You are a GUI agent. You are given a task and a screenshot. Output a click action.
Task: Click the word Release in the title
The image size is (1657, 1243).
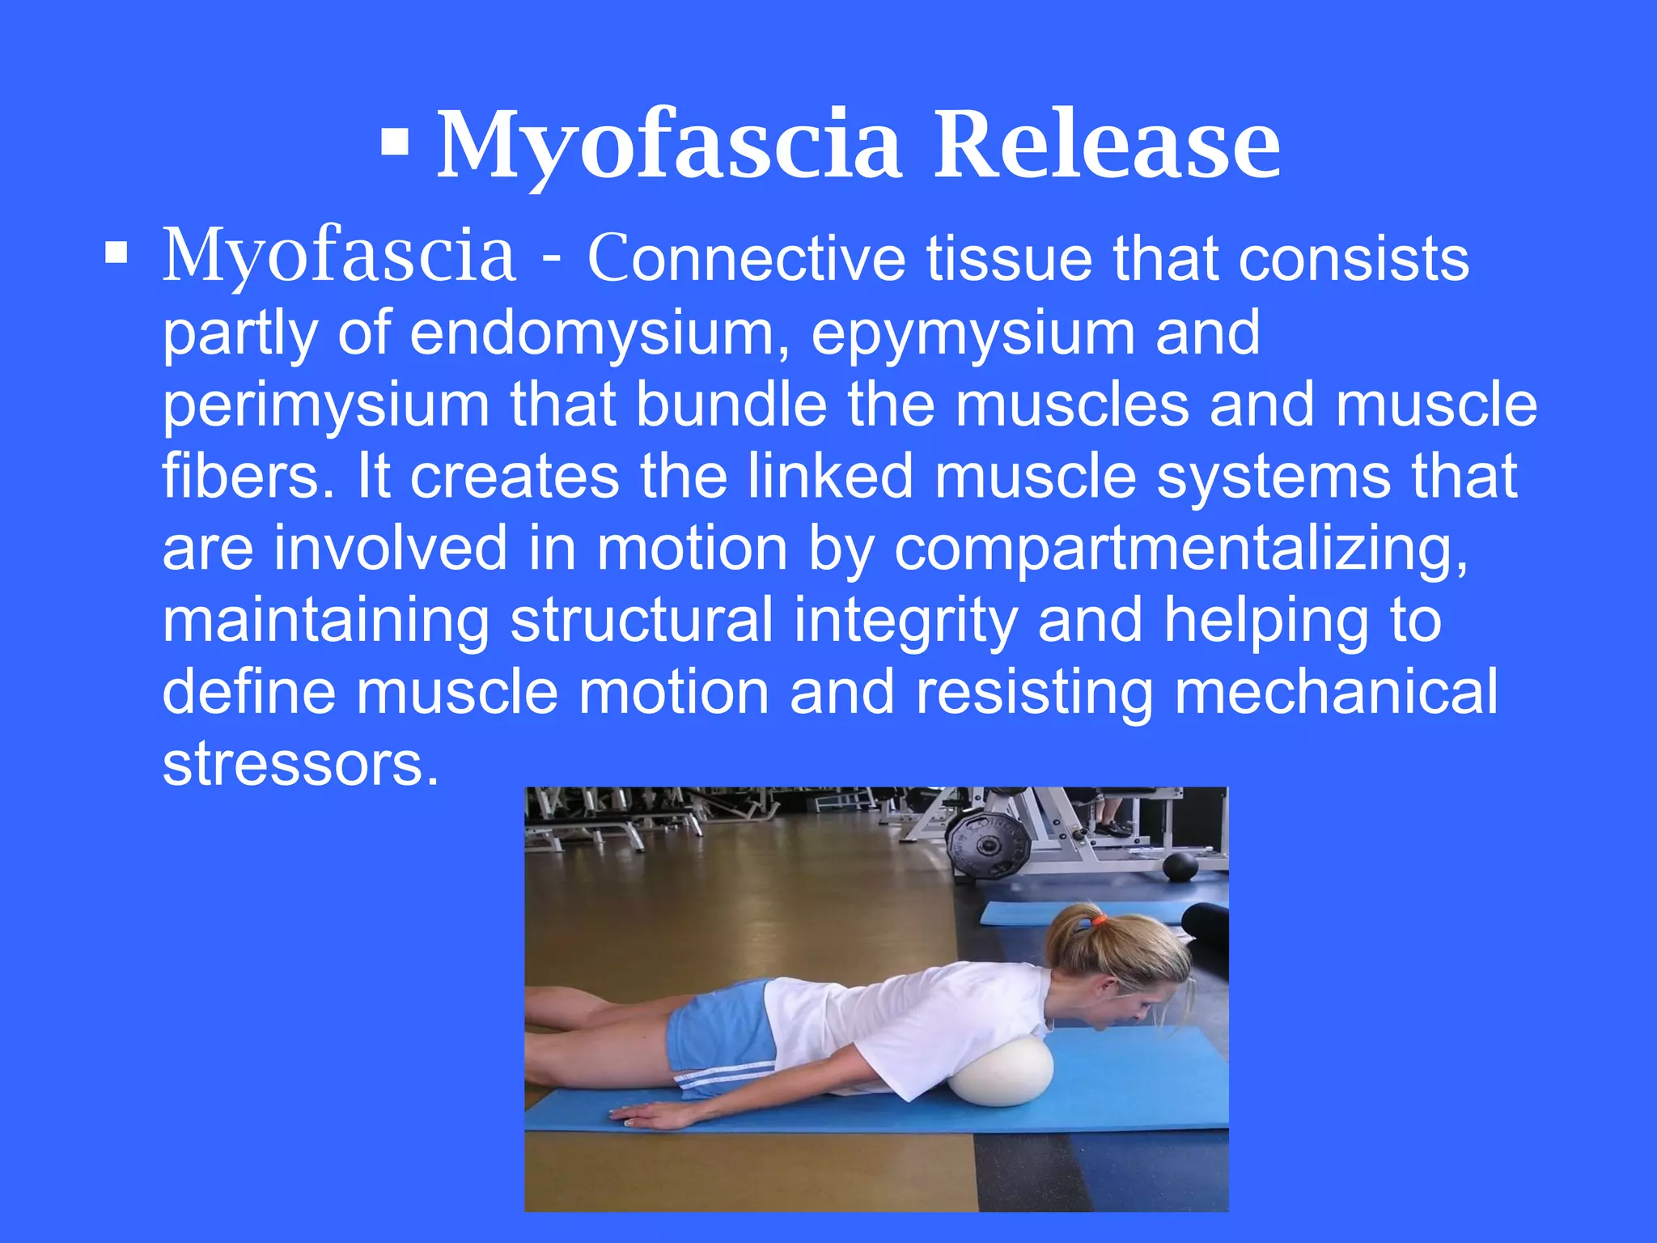point(1107,146)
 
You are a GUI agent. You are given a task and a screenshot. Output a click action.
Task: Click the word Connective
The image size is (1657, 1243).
point(746,258)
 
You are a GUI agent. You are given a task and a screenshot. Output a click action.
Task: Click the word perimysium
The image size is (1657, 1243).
point(326,405)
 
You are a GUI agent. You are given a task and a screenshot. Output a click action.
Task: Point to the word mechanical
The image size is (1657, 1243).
point(1335,692)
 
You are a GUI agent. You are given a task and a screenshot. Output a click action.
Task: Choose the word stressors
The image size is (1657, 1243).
point(300,764)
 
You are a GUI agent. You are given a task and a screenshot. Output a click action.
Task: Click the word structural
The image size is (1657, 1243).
point(642,621)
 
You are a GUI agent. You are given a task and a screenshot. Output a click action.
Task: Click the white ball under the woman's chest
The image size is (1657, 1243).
point(1002,1071)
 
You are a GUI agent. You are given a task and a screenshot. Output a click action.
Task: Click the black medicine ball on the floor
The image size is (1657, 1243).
point(1180,867)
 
